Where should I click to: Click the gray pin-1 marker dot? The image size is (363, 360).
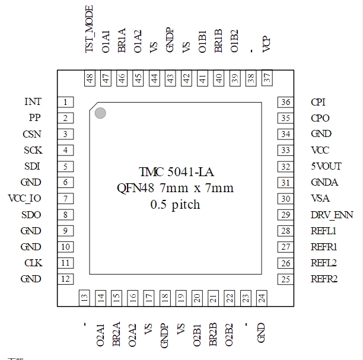click(100, 113)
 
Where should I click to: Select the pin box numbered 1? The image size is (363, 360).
click(65, 102)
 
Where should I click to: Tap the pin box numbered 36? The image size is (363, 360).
click(286, 102)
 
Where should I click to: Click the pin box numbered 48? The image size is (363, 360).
click(90, 78)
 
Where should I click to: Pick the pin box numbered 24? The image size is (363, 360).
click(262, 298)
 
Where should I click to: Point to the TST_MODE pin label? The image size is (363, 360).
click(89, 29)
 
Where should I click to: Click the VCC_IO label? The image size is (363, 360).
click(24, 199)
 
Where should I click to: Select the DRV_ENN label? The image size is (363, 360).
click(332, 215)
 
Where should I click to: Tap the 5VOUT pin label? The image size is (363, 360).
click(326, 166)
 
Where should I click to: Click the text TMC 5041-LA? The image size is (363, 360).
click(176, 172)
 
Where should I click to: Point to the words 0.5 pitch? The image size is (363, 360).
click(175, 205)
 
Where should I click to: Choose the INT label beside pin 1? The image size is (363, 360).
click(33, 101)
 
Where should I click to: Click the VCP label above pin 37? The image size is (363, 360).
click(266, 44)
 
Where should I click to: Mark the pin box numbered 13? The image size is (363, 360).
click(84, 298)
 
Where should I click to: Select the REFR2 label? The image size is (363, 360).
click(324, 279)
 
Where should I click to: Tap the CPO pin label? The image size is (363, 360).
click(320, 118)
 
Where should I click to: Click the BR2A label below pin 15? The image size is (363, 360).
click(116, 334)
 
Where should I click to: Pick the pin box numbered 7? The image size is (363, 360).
click(65, 199)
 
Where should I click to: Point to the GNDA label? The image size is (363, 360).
click(324, 183)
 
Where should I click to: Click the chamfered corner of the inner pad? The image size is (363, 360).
click(94, 107)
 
